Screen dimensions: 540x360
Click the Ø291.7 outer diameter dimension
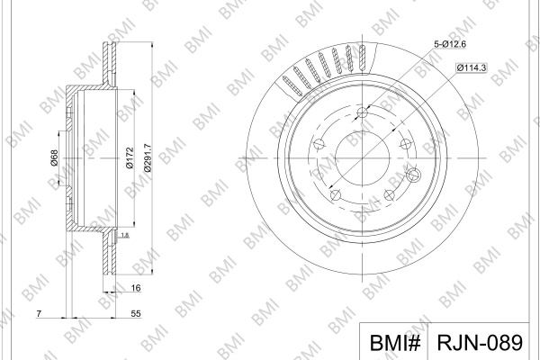click(148, 157)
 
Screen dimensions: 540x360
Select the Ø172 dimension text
click(130, 157)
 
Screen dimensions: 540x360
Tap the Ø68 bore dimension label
click(54, 157)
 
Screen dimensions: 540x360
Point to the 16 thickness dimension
click(136, 288)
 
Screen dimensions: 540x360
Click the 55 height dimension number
click(136, 313)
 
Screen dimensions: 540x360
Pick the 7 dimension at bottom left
click(39, 313)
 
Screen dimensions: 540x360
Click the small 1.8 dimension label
click(125, 235)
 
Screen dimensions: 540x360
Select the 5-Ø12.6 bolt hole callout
click(450, 44)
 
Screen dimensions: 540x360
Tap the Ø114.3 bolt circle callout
click(471, 67)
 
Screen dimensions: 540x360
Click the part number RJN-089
click(480, 342)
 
